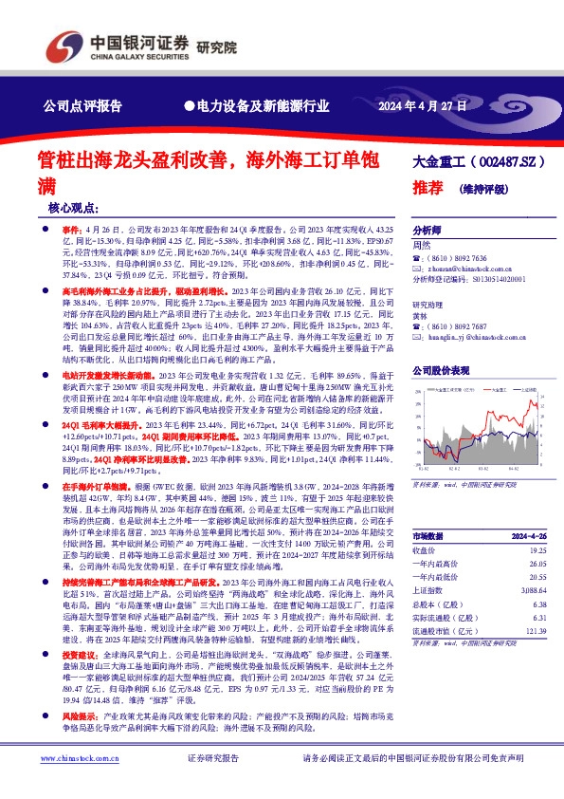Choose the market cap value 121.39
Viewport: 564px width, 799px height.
[x=534, y=630]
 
